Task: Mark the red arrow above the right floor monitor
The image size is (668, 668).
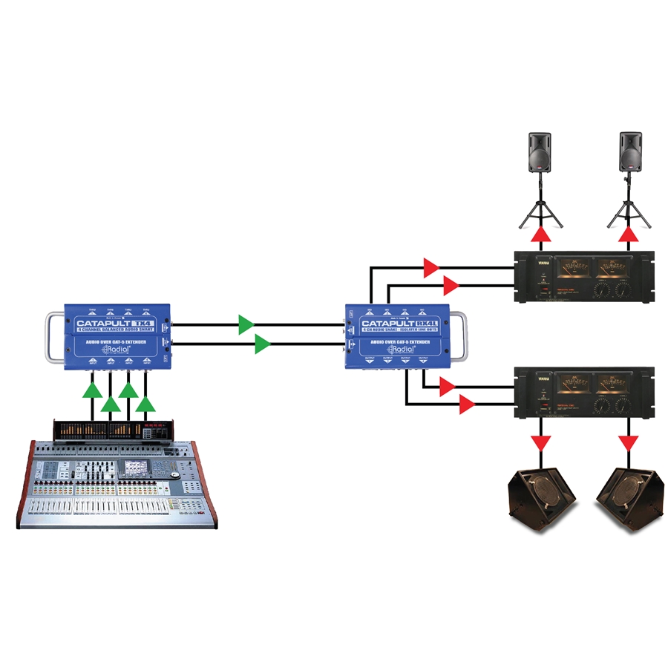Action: coord(629,443)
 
